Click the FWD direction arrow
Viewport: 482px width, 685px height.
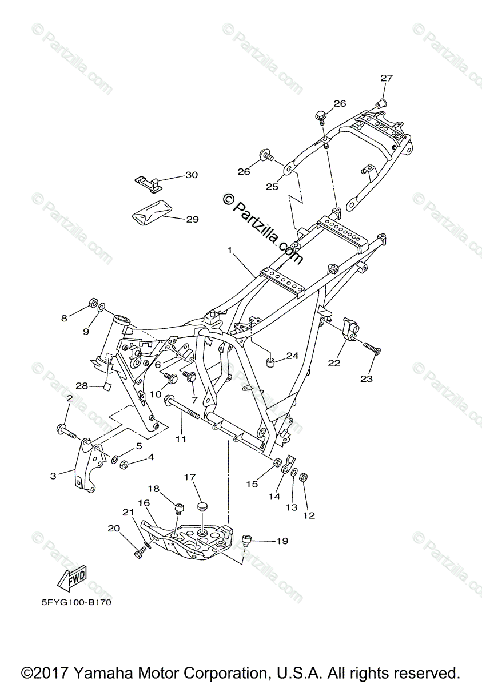[x=72, y=579]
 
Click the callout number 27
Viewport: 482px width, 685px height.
[x=387, y=78]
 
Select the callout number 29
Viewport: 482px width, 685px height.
[x=192, y=219]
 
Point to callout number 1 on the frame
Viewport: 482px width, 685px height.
[x=229, y=250]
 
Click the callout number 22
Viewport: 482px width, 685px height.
[x=334, y=362]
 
